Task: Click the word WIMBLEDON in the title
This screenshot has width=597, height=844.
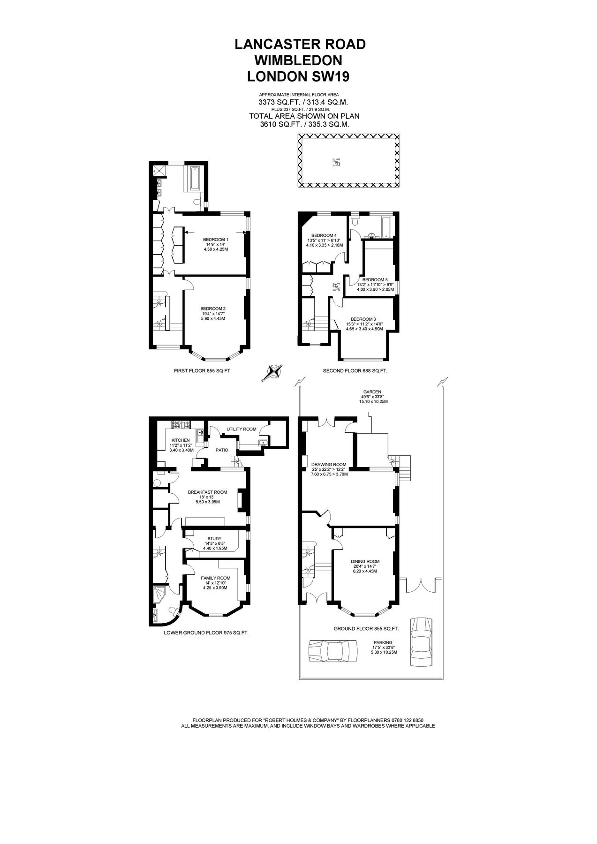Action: click(x=299, y=60)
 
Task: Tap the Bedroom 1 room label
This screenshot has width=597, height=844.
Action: click(x=216, y=239)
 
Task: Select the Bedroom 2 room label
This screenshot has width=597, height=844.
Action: click(x=214, y=308)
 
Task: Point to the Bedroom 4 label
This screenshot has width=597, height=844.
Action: click(x=324, y=235)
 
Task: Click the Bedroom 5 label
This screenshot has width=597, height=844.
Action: click(x=375, y=279)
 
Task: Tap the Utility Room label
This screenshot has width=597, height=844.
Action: click(x=242, y=429)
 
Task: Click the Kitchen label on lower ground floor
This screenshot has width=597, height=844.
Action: click(x=181, y=440)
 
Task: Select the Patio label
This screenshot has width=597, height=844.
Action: click(x=222, y=450)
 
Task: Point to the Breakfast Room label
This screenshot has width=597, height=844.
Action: click(x=207, y=492)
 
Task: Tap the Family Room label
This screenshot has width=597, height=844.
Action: click(x=216, y=578)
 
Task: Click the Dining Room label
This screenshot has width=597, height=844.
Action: click(x=365, y=561)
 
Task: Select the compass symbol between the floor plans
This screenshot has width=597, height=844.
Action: click(x=273, y=372)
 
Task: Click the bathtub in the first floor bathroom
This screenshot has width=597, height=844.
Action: click(x=194, y=179)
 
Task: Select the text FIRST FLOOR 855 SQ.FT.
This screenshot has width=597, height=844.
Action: click(x=203, y=370)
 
